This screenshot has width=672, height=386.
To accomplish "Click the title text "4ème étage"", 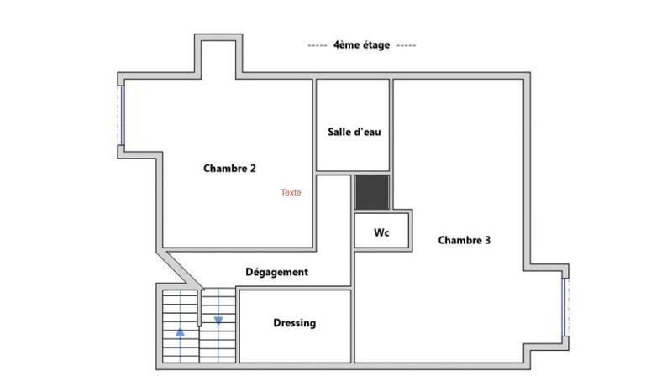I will tap(361, 45).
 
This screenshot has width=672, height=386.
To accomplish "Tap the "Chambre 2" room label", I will tap(229, 168).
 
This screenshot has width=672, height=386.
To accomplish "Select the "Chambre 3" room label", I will tap(465, 240).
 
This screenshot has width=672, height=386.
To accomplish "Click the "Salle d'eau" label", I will tap(353, 132).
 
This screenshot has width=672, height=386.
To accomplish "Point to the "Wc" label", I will tap(381, 232).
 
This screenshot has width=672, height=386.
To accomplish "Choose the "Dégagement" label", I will tap(276, 272).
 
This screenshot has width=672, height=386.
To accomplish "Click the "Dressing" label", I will tap(294, 323).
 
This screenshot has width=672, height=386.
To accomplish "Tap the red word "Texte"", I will tap(291, 192).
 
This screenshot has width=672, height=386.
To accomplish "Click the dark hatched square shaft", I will tap(370, 192).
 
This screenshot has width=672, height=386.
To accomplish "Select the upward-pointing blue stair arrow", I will tap(180, 331).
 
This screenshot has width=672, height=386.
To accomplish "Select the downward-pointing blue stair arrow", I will tap(218, 320).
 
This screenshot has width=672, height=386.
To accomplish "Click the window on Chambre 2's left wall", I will tap(122, 115).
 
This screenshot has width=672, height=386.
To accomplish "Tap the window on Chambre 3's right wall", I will tap(565, 306).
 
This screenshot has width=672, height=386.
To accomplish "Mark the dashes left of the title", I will tap(318, 45).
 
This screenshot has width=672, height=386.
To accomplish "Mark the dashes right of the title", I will tap(405, 45).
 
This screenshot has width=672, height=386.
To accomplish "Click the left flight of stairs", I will tap(180, 326).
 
